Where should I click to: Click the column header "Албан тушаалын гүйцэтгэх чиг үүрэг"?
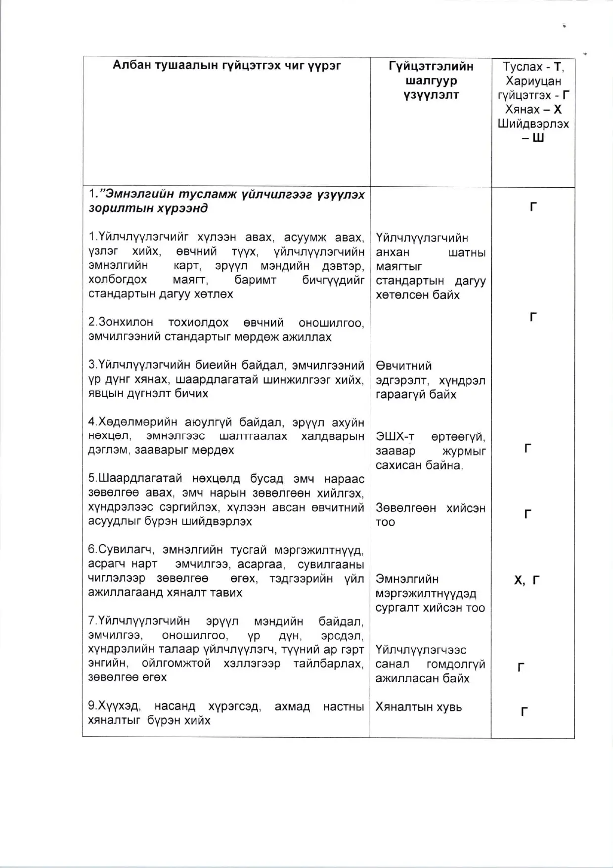[x=226, y=66]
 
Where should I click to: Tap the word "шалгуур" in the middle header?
[x=431, y=81]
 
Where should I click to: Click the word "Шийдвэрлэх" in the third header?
[x=533, y=124]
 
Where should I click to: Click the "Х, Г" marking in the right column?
[x=526, y=580]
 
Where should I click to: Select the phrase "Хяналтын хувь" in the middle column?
[x=418, y=707]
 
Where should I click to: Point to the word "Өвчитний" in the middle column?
[x=403, y=366]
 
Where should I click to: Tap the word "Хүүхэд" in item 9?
[x=114, y=706]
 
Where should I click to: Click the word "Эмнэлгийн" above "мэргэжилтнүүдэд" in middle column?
[x=407, y=579]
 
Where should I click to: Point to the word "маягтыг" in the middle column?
[x=398, y=267]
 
